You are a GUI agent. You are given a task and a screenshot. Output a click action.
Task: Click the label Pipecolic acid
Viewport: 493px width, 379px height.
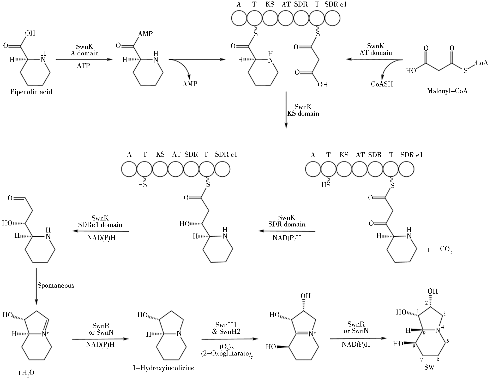coord(31,92)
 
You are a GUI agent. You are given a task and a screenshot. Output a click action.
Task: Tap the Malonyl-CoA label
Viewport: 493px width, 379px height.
coord(447,91)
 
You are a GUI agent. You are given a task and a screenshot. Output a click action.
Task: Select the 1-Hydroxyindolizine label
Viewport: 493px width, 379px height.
coord(163,368)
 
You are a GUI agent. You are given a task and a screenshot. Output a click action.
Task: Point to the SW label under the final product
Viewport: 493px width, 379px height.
coord(429,368)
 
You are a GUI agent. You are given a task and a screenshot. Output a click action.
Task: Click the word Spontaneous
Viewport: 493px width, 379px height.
coord(56,285)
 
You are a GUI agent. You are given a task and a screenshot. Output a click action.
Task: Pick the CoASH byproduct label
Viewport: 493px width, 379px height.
coord(382,84)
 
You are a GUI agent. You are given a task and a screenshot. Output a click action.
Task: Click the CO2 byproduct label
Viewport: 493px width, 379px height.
coord(446,249)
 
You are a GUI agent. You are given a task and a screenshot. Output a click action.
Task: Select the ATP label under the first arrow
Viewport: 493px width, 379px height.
coord(83,66)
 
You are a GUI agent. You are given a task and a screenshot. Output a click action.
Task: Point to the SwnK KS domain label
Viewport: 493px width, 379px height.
coord(303,110)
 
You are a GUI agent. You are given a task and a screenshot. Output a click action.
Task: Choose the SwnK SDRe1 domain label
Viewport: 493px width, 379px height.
coord(100,221)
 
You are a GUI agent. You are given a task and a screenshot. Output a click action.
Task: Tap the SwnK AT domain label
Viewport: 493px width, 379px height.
coord(376,49)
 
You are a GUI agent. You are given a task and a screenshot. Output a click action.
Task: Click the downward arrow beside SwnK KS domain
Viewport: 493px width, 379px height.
coord(286,110)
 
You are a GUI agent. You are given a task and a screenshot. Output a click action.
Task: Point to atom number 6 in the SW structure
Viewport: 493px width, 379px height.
coord(438,359)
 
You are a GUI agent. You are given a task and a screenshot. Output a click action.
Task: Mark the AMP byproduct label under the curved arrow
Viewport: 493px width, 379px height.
coord(190,84)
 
